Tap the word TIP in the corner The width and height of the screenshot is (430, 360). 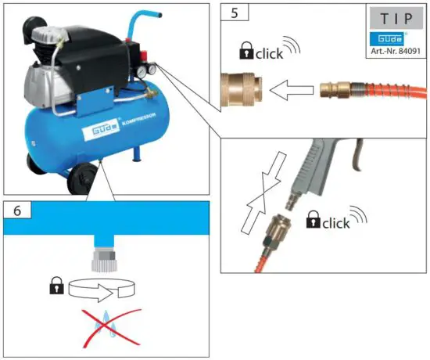pyautogui.click(x=397, y=16)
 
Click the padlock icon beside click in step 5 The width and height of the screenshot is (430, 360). pyautogui.click(x=248, y=53)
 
